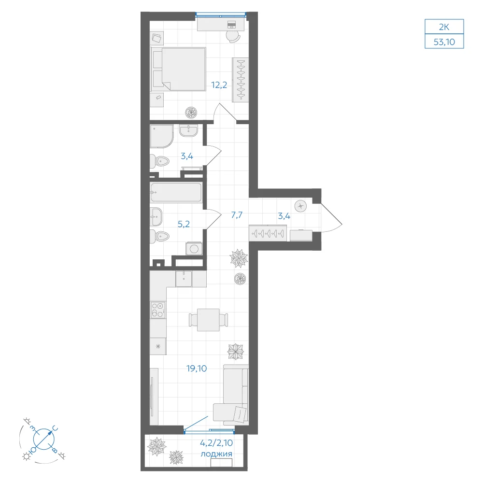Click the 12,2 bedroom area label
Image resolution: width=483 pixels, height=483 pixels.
point(219,85)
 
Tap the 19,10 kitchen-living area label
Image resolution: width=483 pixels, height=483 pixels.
point(197,368)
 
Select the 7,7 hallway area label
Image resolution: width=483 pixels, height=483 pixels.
point(237,215)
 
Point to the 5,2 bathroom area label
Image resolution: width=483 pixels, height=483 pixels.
point(184,224)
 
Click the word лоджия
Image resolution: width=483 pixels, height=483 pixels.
point(216,454)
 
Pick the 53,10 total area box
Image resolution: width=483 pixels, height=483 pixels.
point(444,42)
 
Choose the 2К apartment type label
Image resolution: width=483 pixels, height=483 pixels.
point(444,27)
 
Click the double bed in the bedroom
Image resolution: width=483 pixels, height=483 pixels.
point(178,69)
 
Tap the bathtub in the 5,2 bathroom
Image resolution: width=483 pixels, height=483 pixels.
point(176,193)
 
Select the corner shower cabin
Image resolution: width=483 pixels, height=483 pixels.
point(161,136)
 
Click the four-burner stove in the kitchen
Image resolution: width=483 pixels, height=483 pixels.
point(158,310)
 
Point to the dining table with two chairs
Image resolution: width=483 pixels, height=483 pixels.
point(208,320)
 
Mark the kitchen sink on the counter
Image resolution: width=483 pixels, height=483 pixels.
point(184,279)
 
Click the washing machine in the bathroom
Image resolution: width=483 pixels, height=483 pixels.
point(194,248)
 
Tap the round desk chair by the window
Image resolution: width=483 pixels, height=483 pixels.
point(233,36)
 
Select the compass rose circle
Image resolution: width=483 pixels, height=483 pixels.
point(44,439)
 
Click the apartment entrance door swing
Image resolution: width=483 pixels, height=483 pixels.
point(331,217)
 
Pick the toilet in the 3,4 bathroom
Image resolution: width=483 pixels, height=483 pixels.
point(159,161)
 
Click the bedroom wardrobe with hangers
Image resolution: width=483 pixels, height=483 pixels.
point(240,80)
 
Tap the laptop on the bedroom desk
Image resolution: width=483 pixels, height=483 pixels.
point(231,24)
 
